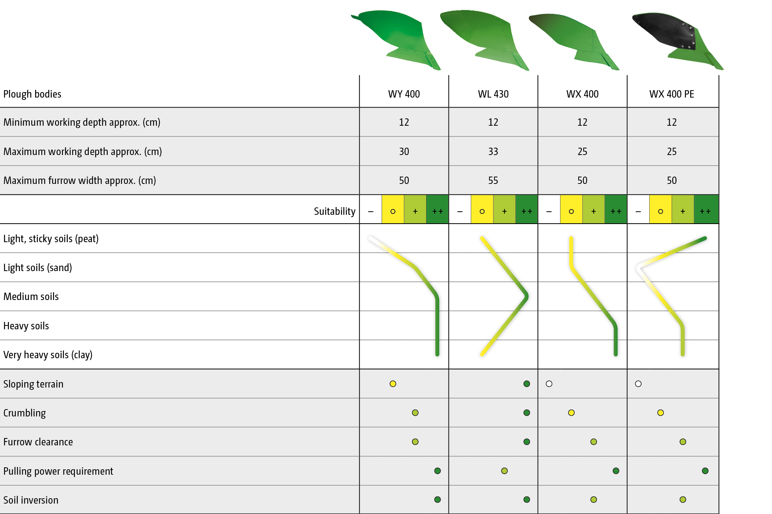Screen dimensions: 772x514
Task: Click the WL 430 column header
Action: coord(493,94)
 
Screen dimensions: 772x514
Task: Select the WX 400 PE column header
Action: coord(672,94)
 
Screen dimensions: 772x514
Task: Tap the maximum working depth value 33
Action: coord(493,152)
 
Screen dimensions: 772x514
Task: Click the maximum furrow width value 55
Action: coord(493,180)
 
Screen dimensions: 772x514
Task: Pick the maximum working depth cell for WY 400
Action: coord(404,152)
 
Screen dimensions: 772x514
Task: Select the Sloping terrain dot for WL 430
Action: coord(527,384)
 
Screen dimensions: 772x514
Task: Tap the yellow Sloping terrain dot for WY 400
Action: coord(393,384)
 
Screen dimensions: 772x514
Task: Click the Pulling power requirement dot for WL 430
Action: coord(505,471)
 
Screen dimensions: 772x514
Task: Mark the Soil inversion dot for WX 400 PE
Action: coord(683,500)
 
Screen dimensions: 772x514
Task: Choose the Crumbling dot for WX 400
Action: coord(571,413)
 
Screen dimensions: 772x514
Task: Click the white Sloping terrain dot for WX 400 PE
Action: coord(638,384)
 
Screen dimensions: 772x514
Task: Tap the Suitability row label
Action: coord(334,211)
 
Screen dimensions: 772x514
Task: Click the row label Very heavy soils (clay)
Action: coord(48,355)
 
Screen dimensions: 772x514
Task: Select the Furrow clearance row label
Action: coord(38,442)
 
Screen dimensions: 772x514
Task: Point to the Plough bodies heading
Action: coord(32,94)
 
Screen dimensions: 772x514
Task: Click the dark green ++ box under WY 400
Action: coord(438,209)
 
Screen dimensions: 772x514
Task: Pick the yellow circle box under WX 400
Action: coord(571,209)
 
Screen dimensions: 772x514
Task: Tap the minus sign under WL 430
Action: coord(460,211)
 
